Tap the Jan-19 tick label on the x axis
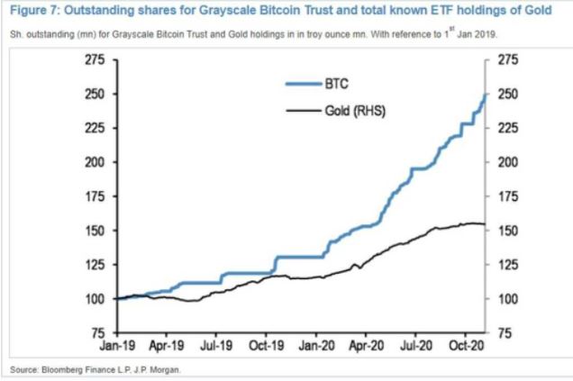(x=117, y=343)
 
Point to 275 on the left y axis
(x=95, y=59)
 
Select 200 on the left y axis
(x=95, y=162)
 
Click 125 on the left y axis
(x=95, y=265)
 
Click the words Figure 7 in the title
(x=30, y=13)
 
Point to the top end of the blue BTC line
(x=486, y=95)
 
